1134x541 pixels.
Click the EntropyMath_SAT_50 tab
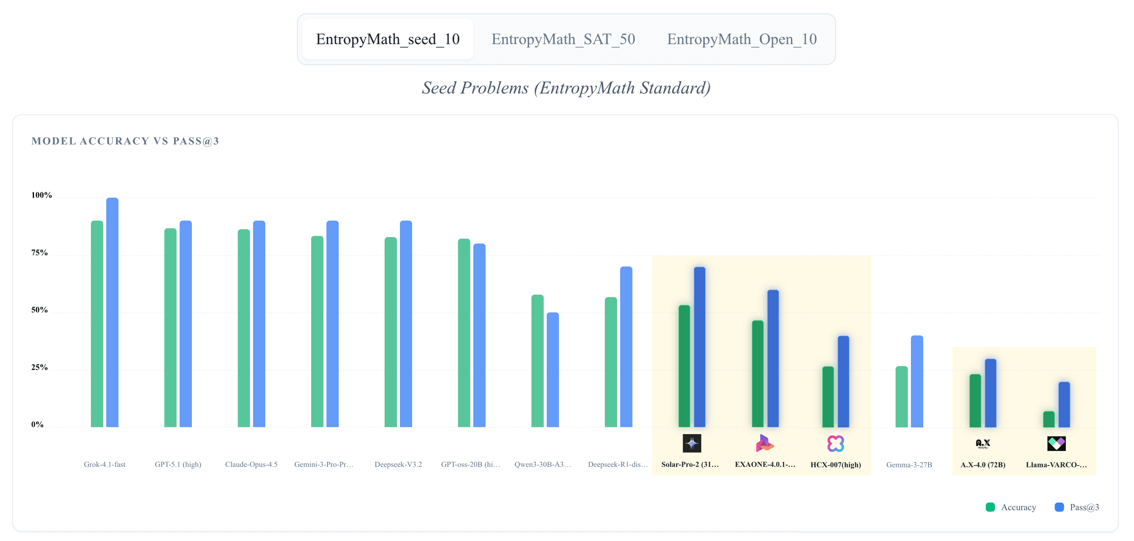coord(563,39)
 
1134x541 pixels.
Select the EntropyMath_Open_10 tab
coord(742,39)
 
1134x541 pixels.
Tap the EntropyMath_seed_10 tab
coord(388,39)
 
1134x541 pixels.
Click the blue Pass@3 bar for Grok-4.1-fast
coord(112,312)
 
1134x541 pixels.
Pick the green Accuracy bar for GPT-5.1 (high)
coord(170,328)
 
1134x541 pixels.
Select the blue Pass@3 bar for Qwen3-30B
coord(553,369)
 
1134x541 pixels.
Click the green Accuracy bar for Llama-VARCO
coord(1049,419)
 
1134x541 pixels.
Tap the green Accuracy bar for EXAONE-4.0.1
coord(758,374)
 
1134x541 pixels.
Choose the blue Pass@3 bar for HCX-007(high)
coord(843,381)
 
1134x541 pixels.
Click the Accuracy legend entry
coord(1011,507)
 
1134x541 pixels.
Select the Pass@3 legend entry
coord(1077,507)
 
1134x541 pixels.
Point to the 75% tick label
coord(39,253)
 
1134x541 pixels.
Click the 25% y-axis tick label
coord(39,367)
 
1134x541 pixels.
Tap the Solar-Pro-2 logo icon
coord(692,443)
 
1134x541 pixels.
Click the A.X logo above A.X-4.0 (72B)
coord(982,443)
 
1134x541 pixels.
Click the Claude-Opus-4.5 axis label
coord(251,464)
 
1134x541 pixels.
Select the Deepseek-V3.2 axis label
coord(398,464)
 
